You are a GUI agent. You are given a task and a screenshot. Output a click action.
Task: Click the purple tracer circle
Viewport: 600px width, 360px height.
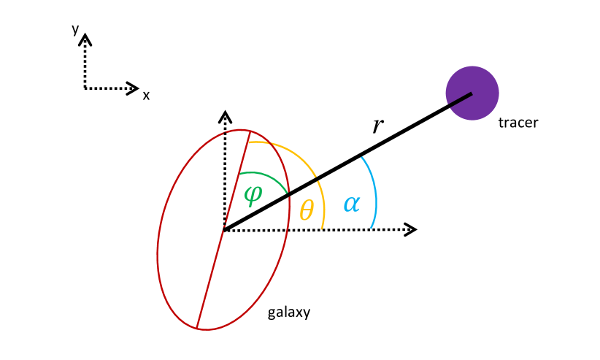pos(472,93)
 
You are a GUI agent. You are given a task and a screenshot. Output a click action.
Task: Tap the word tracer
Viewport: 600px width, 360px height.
pos(518,123)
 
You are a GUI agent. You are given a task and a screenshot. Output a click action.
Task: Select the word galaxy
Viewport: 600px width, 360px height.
pos(289,313)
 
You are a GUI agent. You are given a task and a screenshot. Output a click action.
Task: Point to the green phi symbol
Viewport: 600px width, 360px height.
pos(253,195)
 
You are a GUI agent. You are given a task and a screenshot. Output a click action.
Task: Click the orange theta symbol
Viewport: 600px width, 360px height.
pos(307,210)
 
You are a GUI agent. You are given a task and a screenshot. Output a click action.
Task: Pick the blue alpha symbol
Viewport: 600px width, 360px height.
pos(351,204)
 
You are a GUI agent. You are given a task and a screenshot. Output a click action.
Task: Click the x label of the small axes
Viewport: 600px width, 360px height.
pos(146,95)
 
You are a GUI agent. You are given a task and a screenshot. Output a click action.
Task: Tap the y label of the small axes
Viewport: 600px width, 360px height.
pos(75,29)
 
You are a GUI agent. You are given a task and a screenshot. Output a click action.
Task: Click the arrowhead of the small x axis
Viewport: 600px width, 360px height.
pos(133,88)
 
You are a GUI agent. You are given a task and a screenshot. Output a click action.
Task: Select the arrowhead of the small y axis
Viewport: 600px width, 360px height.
pos(86,38)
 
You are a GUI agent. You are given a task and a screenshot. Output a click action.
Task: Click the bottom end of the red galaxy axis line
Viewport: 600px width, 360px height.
pos(196,327)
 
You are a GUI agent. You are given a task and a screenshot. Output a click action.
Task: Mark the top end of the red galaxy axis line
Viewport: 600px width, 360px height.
pos(250,131)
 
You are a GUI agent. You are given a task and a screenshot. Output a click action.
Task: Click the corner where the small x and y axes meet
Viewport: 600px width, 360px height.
pos(86,88)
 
